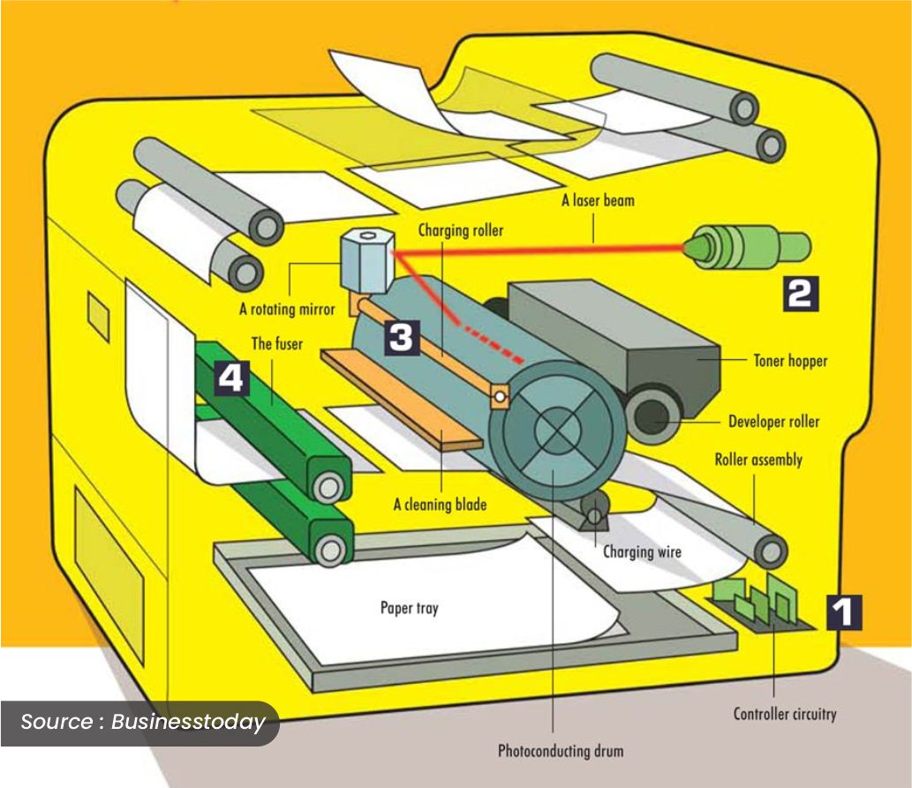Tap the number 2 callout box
pos(797,293)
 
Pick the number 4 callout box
pos(229,379)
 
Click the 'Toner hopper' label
pos(790,361)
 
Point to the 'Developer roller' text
pos(773,421)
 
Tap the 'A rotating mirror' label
pos(287,309)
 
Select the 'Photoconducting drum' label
pos(561,751)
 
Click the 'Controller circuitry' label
pos(784,714)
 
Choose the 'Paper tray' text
pos(409,608)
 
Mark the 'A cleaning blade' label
pos(440,506)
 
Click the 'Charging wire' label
pos(642,552)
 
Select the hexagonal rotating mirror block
pos(364,261)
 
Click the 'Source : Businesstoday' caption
pos(142,722)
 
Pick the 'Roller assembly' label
pos(758,460)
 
